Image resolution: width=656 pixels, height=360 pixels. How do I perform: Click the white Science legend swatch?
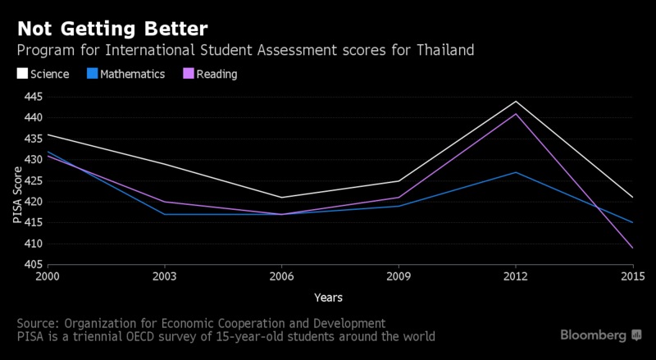pos(22,74)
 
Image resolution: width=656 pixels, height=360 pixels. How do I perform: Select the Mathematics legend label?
pos(132,74)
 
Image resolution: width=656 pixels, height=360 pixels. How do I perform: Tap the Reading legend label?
pos(216,74)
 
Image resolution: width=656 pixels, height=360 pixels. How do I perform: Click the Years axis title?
pos(327,297)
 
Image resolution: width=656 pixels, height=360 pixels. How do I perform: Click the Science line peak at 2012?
pos(516,101)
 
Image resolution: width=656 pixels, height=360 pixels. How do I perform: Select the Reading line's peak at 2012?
pos(516,114)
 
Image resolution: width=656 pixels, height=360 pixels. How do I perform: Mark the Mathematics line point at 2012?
pos(516,172)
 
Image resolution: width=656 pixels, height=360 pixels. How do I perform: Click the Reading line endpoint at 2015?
pos(632,248)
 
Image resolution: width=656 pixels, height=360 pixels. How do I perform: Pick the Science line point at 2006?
pos(281,198)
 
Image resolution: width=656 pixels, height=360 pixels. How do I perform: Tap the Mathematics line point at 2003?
pos(165,214)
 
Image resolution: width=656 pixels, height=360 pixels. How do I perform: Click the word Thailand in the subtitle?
pos(447,51)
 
